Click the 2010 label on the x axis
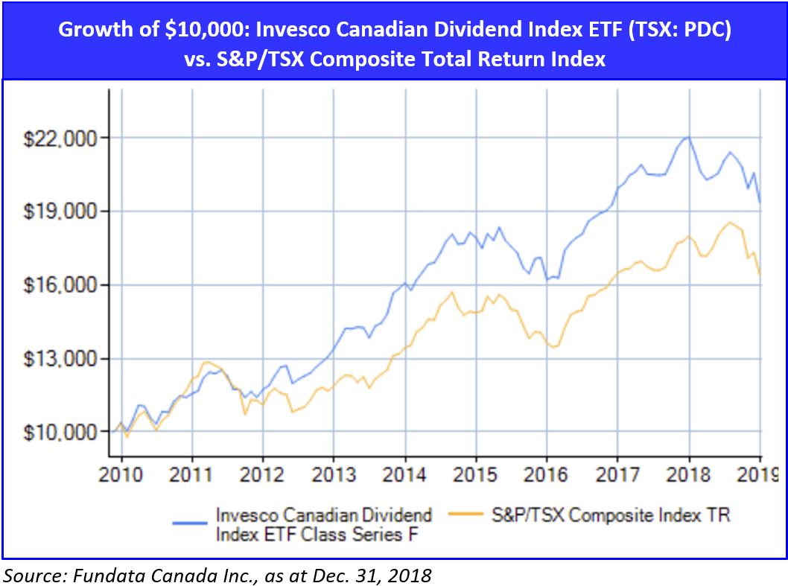pos(121,474)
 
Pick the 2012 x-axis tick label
pos(263,474)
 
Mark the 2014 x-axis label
pos(404,474)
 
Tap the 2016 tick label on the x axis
pos(546,474)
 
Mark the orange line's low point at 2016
pos(553,346)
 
